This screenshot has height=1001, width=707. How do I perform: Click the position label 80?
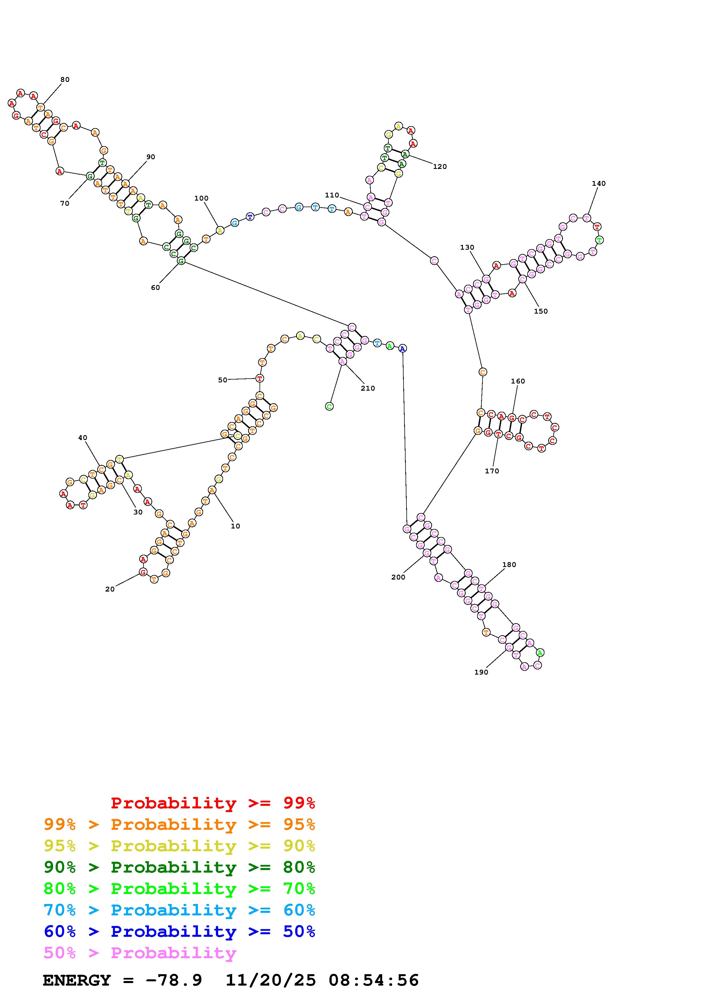65,79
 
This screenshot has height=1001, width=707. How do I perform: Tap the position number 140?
599,183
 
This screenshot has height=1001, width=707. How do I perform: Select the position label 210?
368,388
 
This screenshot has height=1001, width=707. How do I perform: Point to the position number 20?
110,589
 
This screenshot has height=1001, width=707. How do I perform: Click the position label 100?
201,198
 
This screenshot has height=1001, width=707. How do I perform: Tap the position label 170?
492,471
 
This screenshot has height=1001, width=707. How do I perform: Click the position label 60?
155,288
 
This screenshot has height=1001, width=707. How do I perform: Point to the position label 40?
83,438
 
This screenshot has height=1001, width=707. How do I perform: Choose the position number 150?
541,311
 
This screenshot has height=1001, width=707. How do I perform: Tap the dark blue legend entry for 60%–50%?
179,932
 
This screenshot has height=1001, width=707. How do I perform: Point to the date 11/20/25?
271,980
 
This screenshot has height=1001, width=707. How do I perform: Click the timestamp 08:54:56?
374,980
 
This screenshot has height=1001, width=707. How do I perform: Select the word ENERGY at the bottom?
77,980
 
